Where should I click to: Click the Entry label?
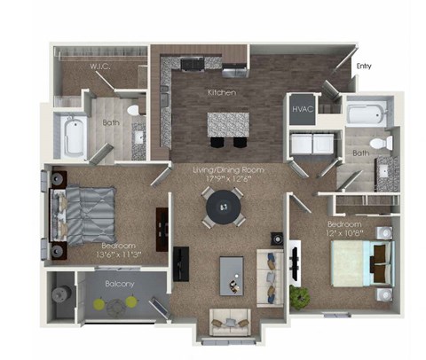364,65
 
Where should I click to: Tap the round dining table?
223,209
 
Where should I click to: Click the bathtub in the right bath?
365,113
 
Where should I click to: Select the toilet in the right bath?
380,142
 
